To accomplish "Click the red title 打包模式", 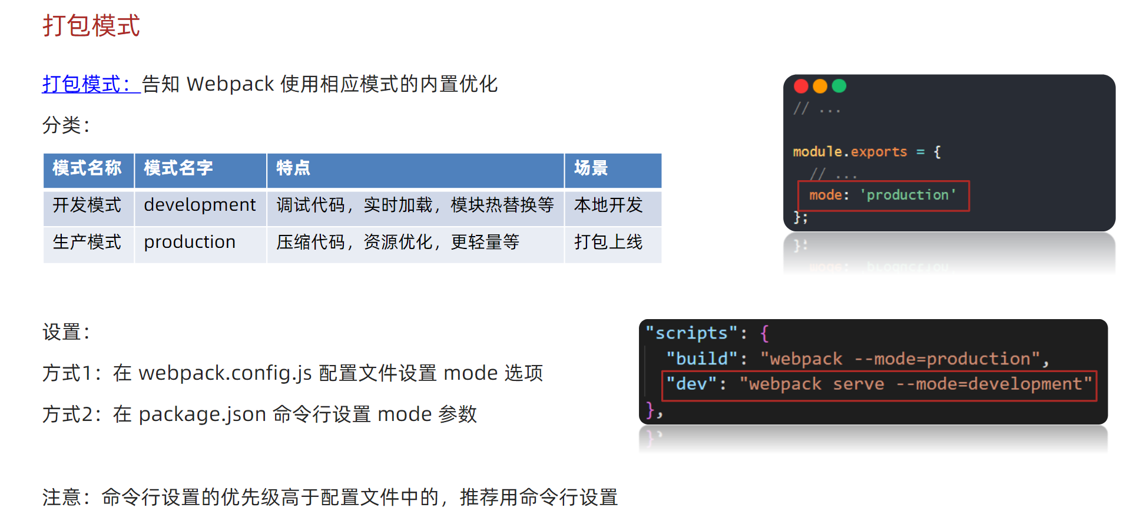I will (x=91, y=26).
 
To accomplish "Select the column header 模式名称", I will (x=87, y=168).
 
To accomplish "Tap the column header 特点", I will (x=293, y=168).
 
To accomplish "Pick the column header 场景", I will (x=591, y=168).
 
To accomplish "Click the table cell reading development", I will (x=200, y=205).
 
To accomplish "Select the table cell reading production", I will (x=190, y=242).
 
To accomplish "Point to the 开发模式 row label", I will (x=87, y=205).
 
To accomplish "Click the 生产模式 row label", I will (x=87, y=242).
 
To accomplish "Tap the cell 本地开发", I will (x=608, y=205).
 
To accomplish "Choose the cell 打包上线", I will (x=608, y=242).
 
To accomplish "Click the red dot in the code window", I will (x=801, y=87).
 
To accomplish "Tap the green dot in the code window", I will (x=839, y=87).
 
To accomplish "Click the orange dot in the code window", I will (x=820, y=87).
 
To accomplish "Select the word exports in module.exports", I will (x=879, y=152).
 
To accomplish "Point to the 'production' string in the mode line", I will (x=908, y=195).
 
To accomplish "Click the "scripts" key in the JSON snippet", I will (x=691, y=333).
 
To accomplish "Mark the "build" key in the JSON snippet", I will (x=702, y=359).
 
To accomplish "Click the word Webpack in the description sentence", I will (x=230, y=84).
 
